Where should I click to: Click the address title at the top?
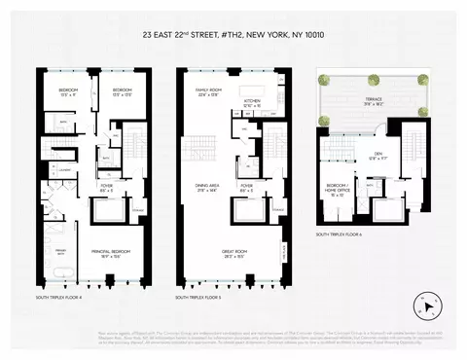click(233, 42)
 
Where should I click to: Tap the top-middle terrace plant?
click(374, 79)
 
